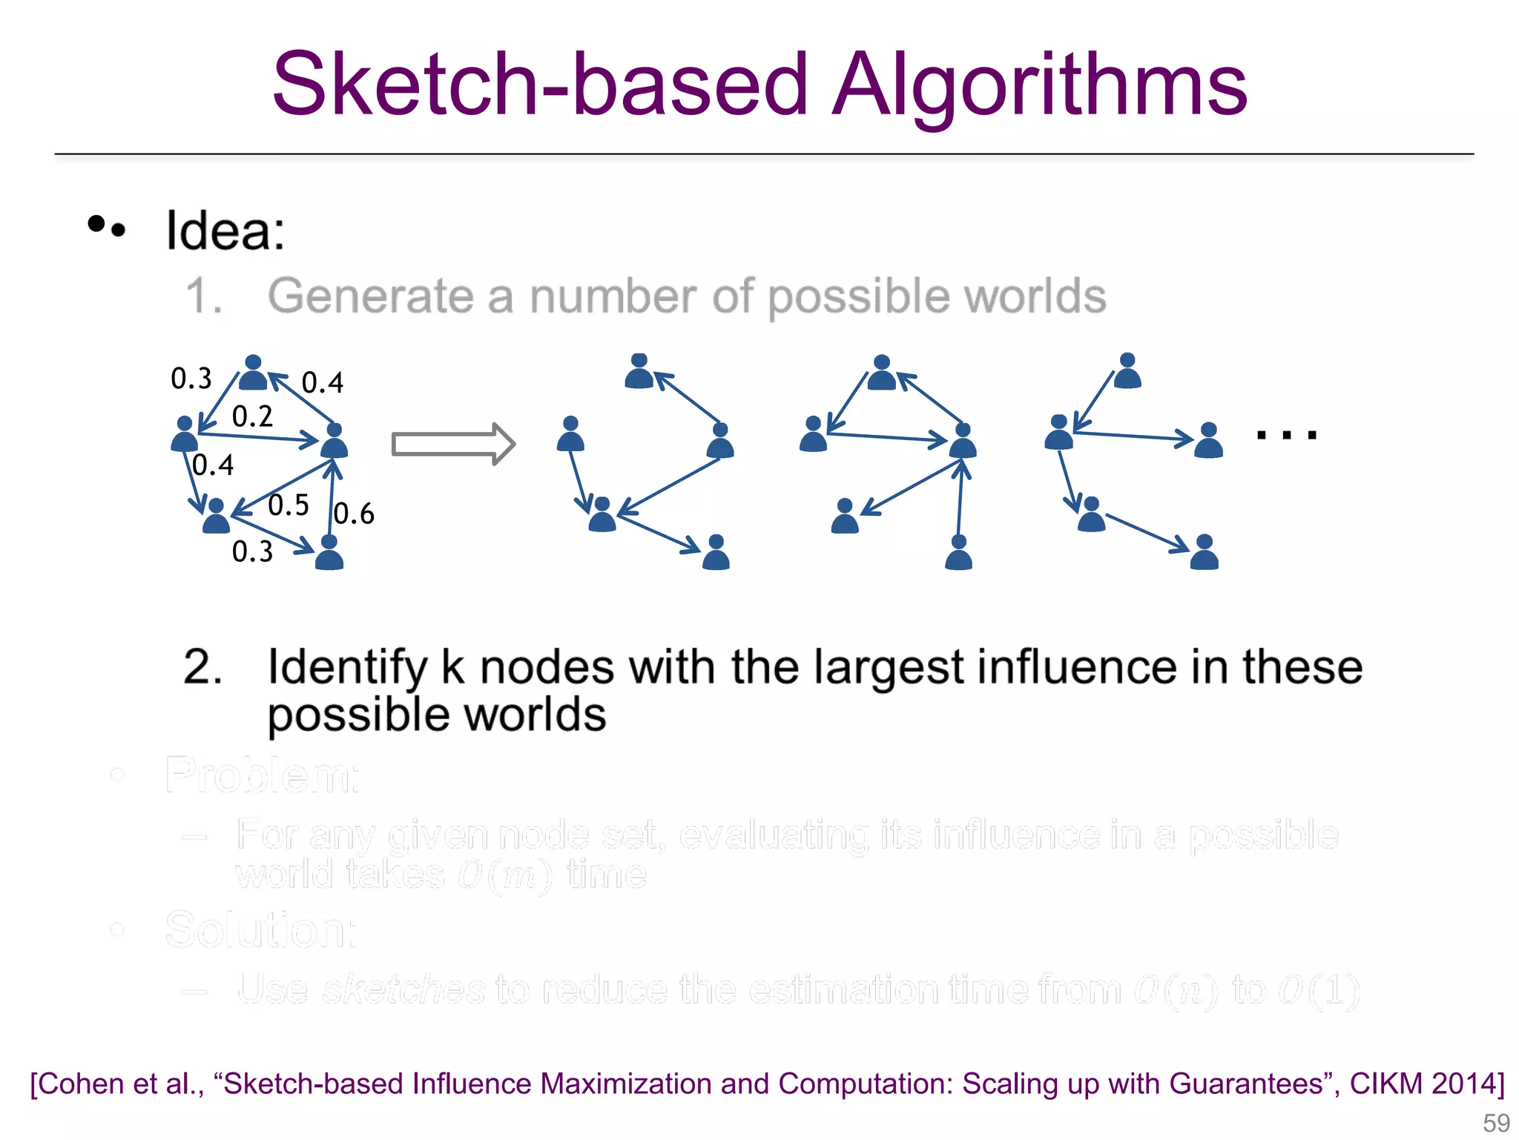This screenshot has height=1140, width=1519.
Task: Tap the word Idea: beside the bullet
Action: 225,231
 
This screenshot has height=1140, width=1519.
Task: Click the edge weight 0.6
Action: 354,514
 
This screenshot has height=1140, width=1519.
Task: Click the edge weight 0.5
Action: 288,505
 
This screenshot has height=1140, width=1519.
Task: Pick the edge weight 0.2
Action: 252,416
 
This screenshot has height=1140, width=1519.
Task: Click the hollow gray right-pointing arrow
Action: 453,445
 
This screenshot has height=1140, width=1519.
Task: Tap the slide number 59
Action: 1496,1122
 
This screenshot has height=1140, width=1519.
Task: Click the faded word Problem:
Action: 262,776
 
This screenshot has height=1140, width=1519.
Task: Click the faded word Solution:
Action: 260,930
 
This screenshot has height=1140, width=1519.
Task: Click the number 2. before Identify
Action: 202,666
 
